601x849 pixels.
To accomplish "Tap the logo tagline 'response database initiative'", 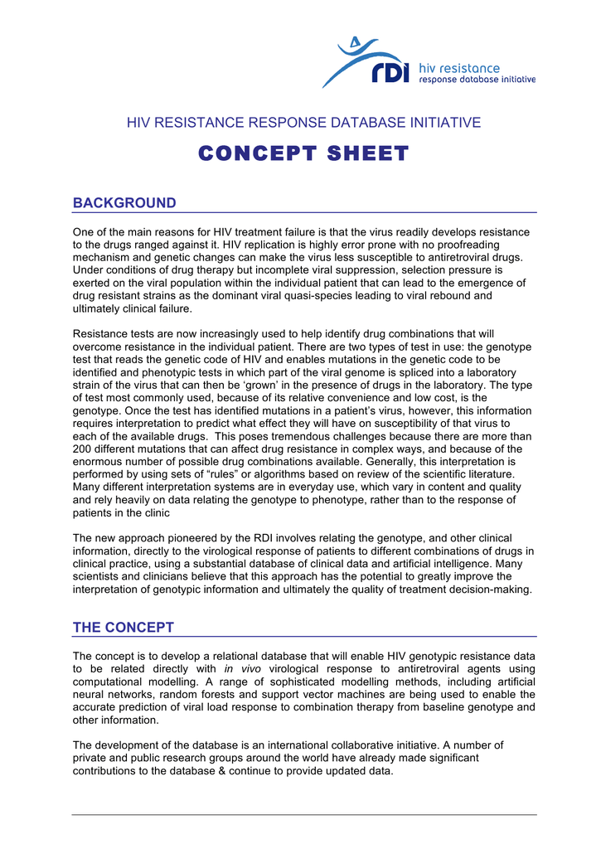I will click(x=477, y=80).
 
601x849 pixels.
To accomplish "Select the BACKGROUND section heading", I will click(x=124, y=203).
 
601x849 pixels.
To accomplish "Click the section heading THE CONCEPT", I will click(x=124, y=627).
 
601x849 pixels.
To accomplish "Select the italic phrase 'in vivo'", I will click(x=240, y=668).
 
